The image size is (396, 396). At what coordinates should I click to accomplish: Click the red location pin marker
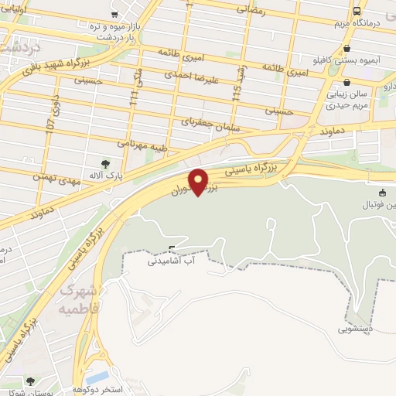[x=200, y=182]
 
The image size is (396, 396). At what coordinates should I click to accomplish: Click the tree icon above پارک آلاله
[x=106, y=163]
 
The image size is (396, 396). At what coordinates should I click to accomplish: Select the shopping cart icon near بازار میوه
[x=114, y=14]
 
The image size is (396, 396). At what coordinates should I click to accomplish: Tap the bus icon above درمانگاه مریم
[x=357, y=12]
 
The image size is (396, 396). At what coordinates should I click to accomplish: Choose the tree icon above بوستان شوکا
[x=30, y=381]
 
